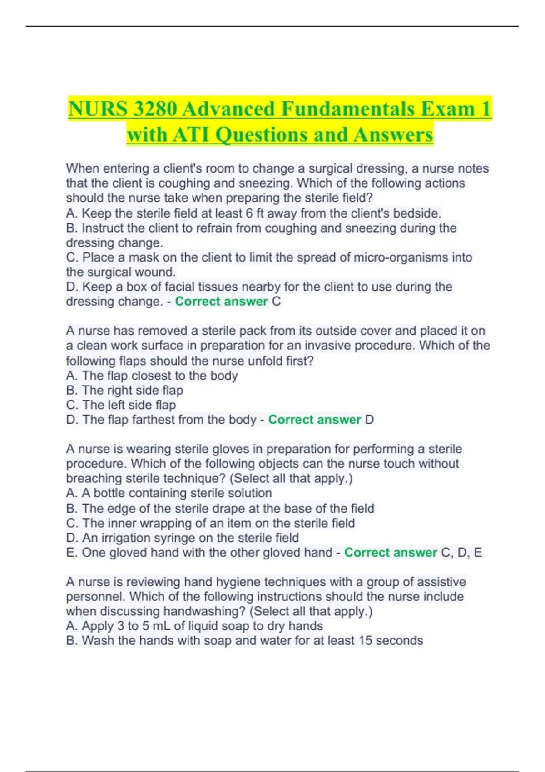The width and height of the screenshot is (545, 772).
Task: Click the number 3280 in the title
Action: coord(153,109)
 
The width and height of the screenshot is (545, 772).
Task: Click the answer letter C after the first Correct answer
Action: coord(276,302)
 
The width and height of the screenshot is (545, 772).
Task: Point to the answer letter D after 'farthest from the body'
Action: coord(369,420)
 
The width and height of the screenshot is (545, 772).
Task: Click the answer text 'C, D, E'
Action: coord(461,553)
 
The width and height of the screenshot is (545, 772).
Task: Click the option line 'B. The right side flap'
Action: coord(124,391)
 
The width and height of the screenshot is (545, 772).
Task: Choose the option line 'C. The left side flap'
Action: coord(121,405)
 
